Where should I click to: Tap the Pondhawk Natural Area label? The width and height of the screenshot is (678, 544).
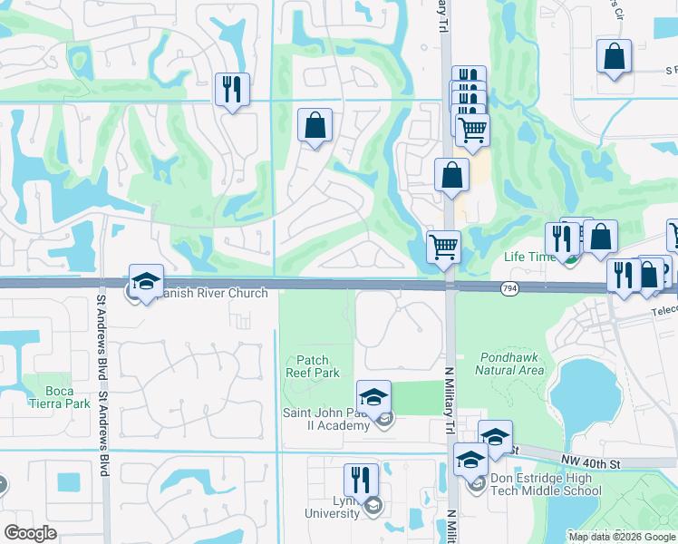pos(509,364)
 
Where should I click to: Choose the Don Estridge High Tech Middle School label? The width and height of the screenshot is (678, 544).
pos(545,484)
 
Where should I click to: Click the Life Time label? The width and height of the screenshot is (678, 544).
pos(529,257)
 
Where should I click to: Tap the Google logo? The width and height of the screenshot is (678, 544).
pos(30,532)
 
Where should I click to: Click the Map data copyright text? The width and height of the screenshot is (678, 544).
pos(622,537)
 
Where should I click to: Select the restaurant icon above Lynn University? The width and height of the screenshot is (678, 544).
pos(361,481)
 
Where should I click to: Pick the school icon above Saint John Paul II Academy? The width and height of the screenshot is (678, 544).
pos(373,397)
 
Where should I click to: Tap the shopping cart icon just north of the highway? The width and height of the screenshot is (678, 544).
pos(443,247)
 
